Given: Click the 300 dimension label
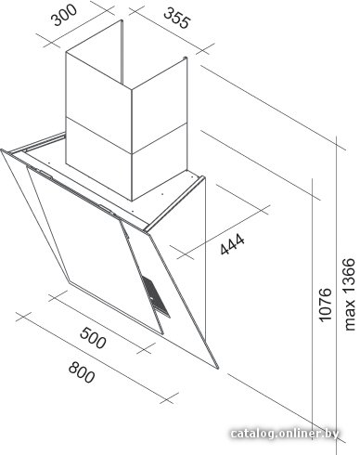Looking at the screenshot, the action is [65, 15].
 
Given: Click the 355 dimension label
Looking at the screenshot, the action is [176, 19].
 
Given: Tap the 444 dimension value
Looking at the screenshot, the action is [232, 244].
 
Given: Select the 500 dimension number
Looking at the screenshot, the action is [93, 338].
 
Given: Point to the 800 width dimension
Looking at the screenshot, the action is [82, 372].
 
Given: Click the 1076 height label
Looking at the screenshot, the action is [325, 305].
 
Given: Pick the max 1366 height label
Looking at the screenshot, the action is [350, 294].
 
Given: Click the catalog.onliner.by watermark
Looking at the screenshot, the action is [285, 434].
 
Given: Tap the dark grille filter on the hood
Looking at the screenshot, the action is [156, 295].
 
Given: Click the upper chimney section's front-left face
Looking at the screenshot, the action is [99, 90].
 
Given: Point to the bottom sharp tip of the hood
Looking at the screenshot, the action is [217, 369].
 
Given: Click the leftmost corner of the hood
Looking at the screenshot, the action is [2, 150].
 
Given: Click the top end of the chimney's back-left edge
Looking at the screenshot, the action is [122, 21].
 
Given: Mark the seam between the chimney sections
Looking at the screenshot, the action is [127, 136].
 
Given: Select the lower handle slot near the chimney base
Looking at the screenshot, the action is [106, 209].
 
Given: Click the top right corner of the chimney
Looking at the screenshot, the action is [186, 58].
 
